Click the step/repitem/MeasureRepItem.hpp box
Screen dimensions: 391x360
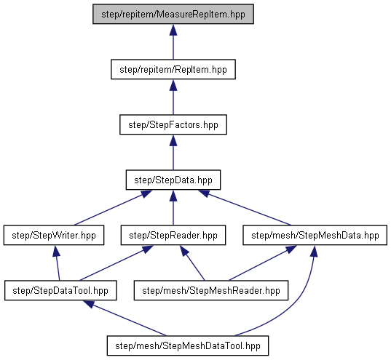(x=173, y=14)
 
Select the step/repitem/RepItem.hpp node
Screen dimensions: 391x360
(x=173, y=69)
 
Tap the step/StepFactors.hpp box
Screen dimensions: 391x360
(x=173, y=124)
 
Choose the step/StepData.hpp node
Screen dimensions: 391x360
(x=173, y=180)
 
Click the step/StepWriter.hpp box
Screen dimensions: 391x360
(x=54, y=235)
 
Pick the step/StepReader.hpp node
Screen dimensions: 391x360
(x=173, y=235)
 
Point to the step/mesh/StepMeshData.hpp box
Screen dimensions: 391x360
(x=315, y=235)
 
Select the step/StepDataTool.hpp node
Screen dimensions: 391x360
(x=60, y=290)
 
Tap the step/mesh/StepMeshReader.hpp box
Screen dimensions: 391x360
(x=211, y=290)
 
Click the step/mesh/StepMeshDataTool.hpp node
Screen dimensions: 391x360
(x=188, y=345)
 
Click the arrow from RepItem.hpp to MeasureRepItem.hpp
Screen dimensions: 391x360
(x=173, y=42)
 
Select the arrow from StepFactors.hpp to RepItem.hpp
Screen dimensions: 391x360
(x=173, y=97)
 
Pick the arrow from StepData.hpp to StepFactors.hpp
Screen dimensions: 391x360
(x=173, y=153)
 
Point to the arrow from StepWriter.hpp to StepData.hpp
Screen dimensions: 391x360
(x=113, y=208)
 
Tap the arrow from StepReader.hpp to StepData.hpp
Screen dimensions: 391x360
(x=173, y=208)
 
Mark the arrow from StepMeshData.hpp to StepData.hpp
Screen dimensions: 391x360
(x=245, y=208)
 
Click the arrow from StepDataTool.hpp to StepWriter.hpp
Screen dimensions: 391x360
(x=58, y=263)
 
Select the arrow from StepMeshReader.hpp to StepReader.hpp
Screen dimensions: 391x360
(x=192, y=263)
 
